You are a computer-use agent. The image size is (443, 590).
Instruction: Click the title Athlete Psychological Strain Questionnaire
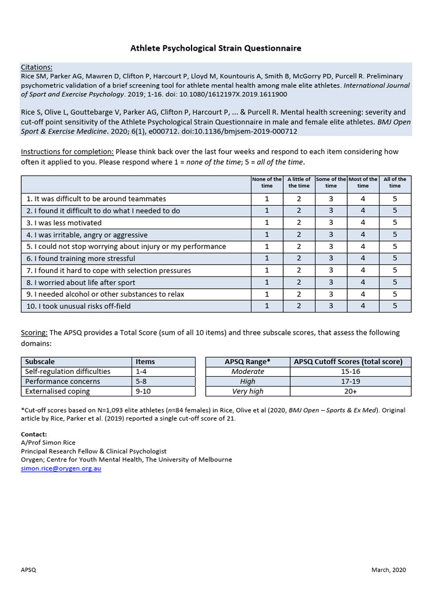click(x=215, y=48)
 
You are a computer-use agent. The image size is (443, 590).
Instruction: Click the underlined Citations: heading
click(x=36, y=67)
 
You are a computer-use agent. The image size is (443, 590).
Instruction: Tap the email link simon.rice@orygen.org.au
click(x=61, y=468)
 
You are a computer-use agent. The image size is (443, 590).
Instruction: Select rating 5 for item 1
click(x=395, y=199)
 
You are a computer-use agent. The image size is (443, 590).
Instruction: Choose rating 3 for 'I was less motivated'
click(x=331, y=222)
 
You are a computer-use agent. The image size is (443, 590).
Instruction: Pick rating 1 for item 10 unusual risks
click(x=267, y=306)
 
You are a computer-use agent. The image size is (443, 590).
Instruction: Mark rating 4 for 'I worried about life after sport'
click(x=363, y=282)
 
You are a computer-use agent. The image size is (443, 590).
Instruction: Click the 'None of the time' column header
click(x=267, y=183)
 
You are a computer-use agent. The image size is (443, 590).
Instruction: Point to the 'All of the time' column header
click(x=395, y=183)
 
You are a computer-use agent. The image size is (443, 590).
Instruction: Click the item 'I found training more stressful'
click(x=81, y=259)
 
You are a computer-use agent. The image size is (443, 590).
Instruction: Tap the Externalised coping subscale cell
click(x=58, y=391)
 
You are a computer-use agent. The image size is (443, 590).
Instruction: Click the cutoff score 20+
click(x=350, y=391)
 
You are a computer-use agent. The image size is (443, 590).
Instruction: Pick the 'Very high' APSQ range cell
click(x=247, y=391)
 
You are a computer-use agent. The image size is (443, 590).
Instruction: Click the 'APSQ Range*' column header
click(x=247, y=362)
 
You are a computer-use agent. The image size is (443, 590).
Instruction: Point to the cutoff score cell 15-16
click(x=350, y=372)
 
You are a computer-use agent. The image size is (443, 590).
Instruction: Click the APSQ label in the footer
click(x=29, y=570)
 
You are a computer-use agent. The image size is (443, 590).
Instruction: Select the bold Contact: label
click(x=34, y=434)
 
